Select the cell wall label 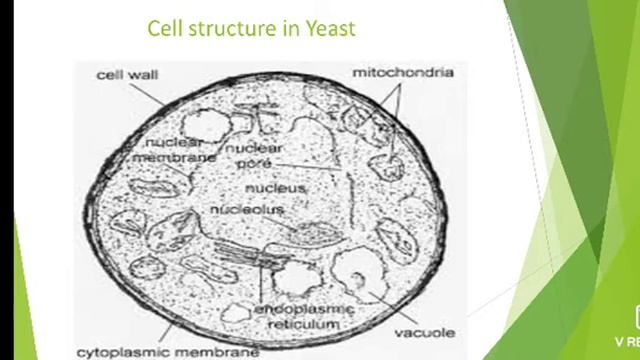(x=128, y=75)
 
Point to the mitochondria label (x=403, y=72)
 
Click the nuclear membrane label (x=175, y=150)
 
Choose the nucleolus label (x=247, y=209)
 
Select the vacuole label (x=426, y=332)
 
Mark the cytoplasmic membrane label (x=168, y=351)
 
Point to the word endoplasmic (x=298, y=309)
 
